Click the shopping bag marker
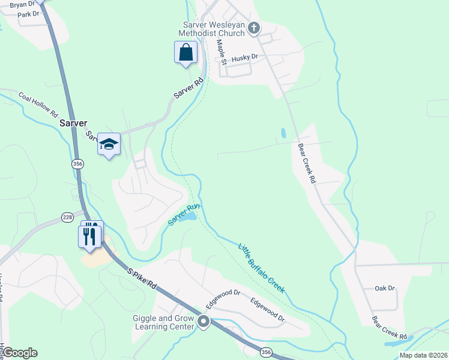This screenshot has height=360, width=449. pyautogui.click(x=186, y=52)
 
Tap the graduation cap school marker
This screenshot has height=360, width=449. pyautogui.click(x=109, y=144)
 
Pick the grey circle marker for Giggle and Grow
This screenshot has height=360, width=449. pyautogui.click(x=203, y=322)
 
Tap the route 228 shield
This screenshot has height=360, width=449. pyautogui.click(x=67, y=217)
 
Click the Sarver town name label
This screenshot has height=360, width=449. pyautogui.click(x=73, y=122)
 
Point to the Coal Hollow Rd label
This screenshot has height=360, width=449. pyautogui.click(x=37, y=104)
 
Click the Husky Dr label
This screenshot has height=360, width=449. pyautogui.click(x=244, y=57)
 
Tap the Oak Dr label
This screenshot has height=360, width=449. pyautogui.click(x=385, y=288)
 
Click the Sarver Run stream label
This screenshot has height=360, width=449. pyautogui.click(x=183, y=215)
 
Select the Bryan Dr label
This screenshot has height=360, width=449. pyautogui.click(x=23, y=4)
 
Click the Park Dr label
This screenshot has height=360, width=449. pyautogui.click(x=28, y=14)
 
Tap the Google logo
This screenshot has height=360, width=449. pyautogui.click(x=19, y=353)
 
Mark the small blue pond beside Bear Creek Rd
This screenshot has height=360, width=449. pyautogui.click(x=282, y=133)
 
